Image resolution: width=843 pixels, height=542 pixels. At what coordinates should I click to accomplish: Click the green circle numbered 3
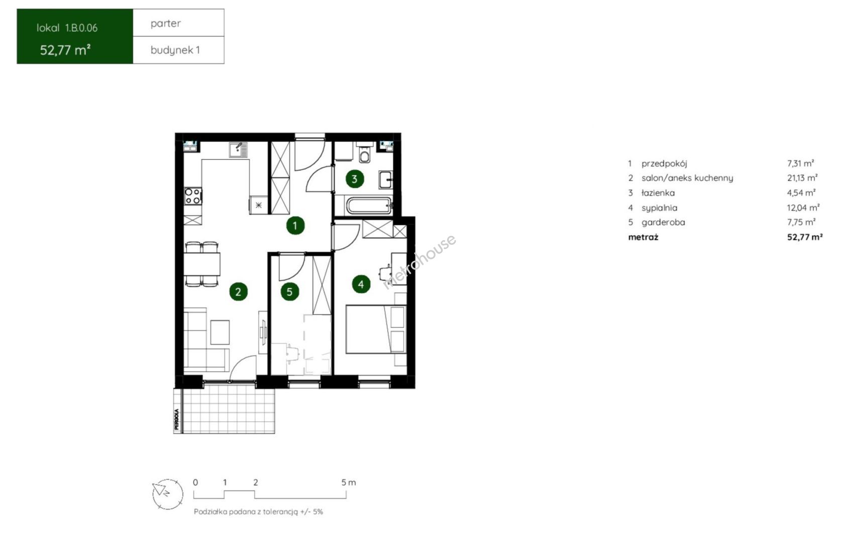point(355,179)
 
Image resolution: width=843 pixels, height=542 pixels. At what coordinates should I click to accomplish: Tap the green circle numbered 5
point(289,292)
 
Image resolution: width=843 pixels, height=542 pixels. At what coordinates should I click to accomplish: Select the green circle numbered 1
point(295,225)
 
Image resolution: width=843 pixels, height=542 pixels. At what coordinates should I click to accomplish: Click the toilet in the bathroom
point(364,153)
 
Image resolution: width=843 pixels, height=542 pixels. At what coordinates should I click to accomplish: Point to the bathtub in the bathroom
point(369,206)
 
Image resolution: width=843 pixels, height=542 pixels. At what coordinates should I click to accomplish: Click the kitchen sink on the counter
point(238,150)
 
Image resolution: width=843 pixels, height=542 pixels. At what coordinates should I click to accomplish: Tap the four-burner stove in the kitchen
point(193,196)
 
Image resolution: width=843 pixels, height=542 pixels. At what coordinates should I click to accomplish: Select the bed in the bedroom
point(376,329)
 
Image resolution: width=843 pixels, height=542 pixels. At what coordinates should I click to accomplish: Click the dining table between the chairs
point(202,264)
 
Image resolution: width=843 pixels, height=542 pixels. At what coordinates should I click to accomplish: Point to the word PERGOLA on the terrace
point(177,419)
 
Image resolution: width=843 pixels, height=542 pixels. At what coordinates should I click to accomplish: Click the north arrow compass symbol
point(168,494)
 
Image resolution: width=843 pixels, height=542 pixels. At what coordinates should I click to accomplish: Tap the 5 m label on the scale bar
point(349,483)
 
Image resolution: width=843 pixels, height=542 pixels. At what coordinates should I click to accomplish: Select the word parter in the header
point(166,23)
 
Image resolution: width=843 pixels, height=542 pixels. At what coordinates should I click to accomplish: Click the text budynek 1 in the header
point(175,50)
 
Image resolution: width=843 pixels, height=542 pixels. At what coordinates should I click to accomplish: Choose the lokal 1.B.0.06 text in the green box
point(67,28)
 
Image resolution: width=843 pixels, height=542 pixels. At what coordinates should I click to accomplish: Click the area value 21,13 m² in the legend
point(802,178)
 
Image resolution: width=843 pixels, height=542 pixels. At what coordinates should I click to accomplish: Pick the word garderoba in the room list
point(663,222)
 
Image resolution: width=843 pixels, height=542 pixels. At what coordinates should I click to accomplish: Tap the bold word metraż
point(643,237)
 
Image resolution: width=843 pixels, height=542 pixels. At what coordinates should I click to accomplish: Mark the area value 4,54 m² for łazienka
point(801,193)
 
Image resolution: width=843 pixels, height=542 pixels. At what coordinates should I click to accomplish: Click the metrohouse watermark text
point(419,261)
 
